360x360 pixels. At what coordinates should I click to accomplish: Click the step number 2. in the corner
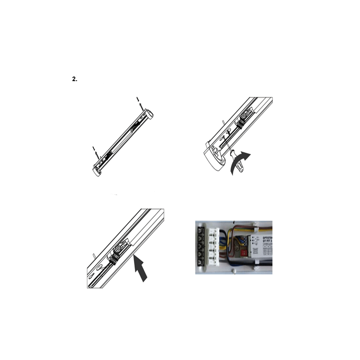[75, 79]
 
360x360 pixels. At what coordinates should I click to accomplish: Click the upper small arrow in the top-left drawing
[139, 103]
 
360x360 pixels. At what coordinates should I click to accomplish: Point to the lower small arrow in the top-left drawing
[95, 152]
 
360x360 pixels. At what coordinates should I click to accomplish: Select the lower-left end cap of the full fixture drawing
[97, 170]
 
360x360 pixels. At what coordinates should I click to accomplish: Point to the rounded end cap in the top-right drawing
[216, 158]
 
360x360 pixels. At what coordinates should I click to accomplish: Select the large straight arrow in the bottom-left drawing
[142, 268]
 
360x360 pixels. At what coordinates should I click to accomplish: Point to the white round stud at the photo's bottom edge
[233, 270]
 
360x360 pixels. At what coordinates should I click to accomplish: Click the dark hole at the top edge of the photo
[234, 222]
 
